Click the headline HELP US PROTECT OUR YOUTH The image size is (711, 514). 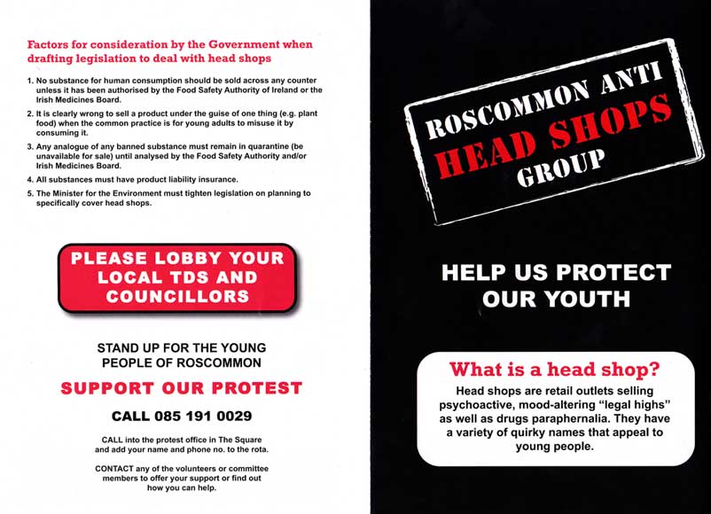[556, 285]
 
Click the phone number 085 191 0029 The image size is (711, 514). [182, 416]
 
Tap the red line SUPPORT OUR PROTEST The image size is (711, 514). [182, 388]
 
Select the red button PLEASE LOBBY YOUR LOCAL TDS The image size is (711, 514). [177, 277]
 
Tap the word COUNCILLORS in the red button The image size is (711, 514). [177, 297]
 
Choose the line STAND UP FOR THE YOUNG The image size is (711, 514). [181, 348]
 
